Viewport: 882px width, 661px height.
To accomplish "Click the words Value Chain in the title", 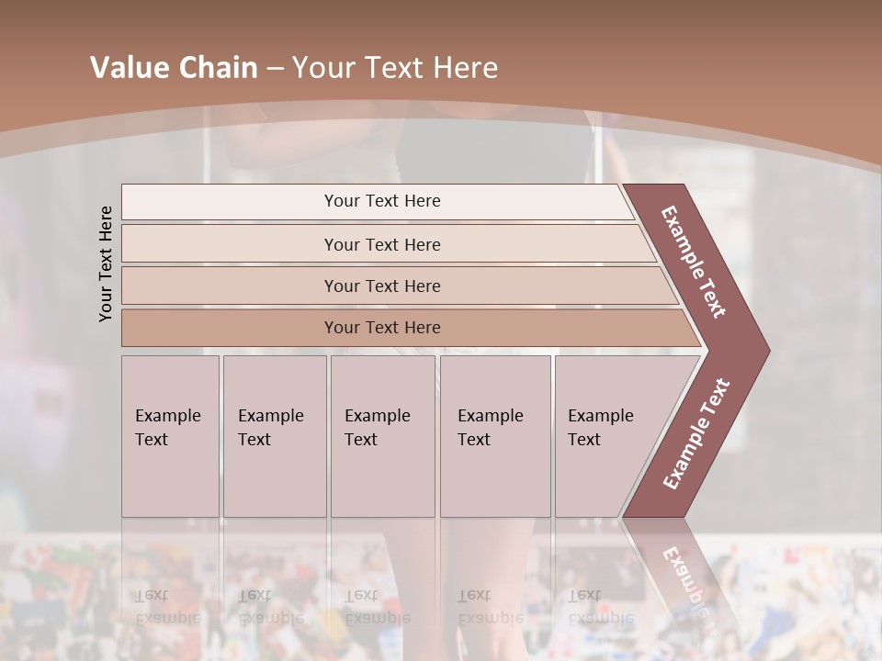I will point(174,68).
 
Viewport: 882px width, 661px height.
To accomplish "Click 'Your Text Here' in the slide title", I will point(395,68).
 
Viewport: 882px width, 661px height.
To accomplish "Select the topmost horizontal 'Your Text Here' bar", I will point(382,201).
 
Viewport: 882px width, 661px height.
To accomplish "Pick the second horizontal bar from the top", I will point(382,244).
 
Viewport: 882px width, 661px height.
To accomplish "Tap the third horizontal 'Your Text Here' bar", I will point(382,286).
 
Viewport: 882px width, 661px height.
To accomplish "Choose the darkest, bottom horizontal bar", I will point(382,328).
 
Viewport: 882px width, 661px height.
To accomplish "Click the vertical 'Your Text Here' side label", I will point(106,263).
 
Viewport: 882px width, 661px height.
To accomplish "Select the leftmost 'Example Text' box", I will point(170,436).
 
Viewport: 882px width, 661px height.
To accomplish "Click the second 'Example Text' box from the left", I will point(274,436).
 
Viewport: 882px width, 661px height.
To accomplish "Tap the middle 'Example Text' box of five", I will point(382,436).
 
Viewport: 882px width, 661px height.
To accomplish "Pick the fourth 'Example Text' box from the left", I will point(495,436).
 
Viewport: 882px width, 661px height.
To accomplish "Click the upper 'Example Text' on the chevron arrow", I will point(694,262).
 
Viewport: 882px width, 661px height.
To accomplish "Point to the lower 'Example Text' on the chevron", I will point(696,433).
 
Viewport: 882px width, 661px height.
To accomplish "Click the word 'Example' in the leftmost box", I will point(167,416).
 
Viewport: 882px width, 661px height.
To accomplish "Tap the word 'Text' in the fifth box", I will point(584,440).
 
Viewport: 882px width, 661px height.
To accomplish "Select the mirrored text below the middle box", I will point(377,607).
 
